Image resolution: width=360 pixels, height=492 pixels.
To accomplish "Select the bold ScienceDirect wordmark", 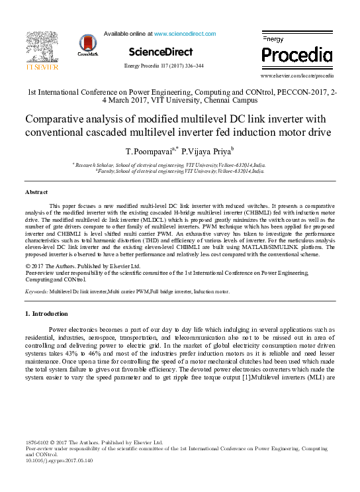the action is click(161, 52).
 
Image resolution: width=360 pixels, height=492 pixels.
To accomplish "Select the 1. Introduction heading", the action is click(46, 313).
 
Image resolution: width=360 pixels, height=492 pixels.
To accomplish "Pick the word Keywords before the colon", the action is click(36, 291).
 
